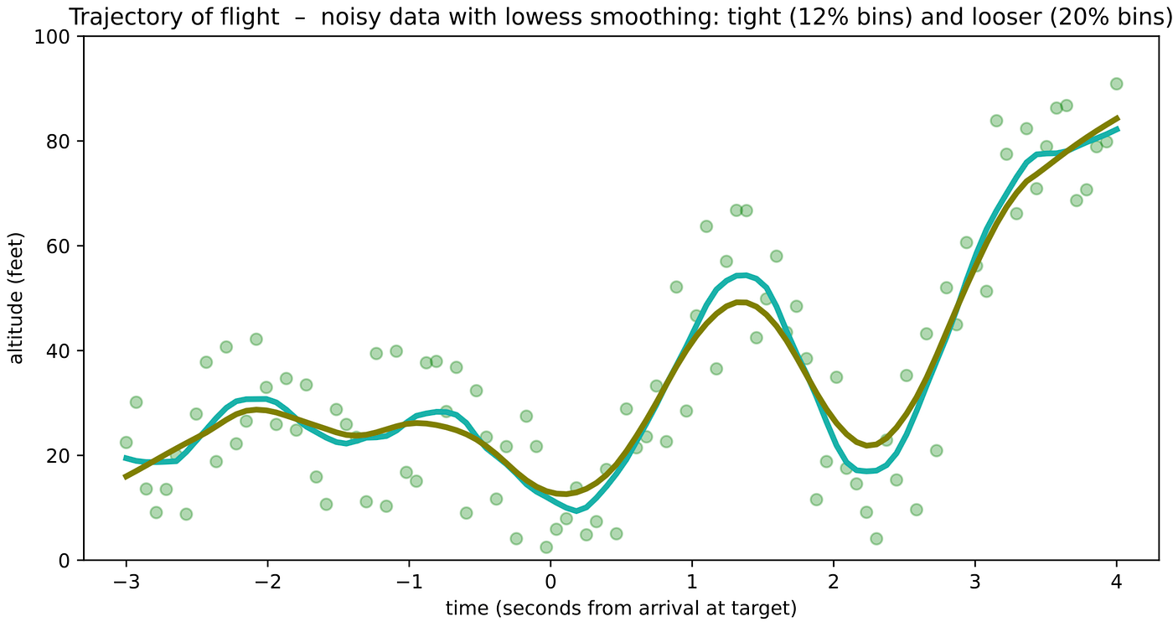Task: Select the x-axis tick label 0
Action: click(x=550, y=582)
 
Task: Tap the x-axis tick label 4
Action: click(x=1117, y=582)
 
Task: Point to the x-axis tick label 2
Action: click(x=834, y=582)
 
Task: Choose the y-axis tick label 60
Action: click(x=63, y=246)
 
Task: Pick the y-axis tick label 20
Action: click(x=63, y=455)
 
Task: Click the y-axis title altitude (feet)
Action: click(x=17, y=298)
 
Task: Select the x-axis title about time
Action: click(x=621, y=607)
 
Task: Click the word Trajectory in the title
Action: click(x=111, y=16)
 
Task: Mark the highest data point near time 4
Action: click(x=1116, y=84)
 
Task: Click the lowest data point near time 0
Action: click(x=546, y=547)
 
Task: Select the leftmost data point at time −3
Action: click(x=126, y=443)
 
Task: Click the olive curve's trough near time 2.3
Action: click(x=871, y=445)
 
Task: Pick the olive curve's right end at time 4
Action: click(x=1117, y=118)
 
